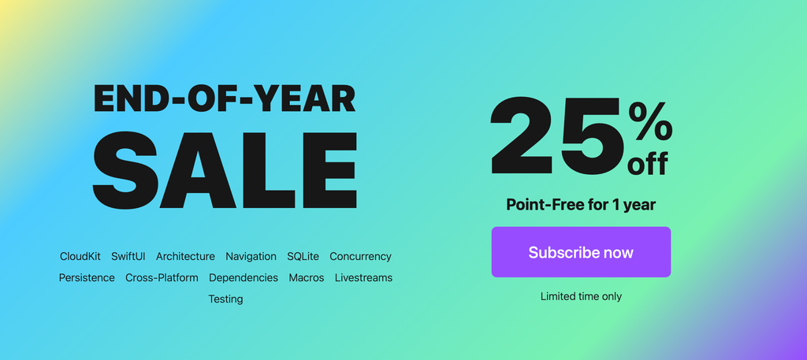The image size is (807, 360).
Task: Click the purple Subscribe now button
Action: pos(581,252)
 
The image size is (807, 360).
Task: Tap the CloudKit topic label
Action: pos(80,256)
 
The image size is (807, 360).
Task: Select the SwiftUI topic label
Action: pos(128,256)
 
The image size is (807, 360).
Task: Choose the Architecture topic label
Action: pos(185,256)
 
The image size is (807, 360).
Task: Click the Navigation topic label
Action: pos(251,256)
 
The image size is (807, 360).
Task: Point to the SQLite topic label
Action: pos(303,256)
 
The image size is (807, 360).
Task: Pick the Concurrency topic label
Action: pos(360,257)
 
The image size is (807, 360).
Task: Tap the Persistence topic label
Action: pos(87,278)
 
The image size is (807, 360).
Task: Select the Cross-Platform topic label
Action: pos(162,278)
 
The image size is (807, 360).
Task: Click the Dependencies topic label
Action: pos(244,278)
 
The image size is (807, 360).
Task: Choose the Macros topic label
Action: pos(307,278)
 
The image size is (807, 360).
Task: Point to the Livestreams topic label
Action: pos(363,278)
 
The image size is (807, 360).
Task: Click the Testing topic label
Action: pos(225,299)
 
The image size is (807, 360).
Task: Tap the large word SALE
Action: pos(225,170)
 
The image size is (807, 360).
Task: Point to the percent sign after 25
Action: pos(650,121)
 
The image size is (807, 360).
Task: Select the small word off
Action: pos(648,163)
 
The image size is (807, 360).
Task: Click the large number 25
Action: pos(557,135)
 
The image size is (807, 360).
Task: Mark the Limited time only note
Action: pos(581,297)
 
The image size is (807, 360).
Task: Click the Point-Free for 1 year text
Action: pos(581,205)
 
